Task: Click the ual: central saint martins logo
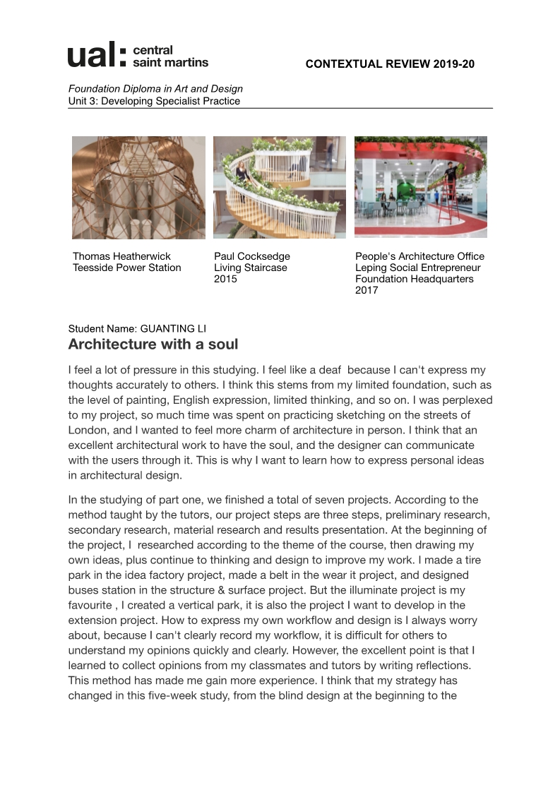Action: click(138, 55)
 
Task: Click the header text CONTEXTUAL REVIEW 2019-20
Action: click(390, 64)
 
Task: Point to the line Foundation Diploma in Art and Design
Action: click(155, 89)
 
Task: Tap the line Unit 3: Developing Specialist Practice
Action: click(154, 101)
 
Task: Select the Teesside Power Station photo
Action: click(138, 187)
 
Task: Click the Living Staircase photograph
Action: click(280, 187)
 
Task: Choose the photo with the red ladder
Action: click(421, 187)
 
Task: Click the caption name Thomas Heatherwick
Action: click(121, 256)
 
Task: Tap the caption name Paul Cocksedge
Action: click(252, 256)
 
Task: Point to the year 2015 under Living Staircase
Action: click(226, 279)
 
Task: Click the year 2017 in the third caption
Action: click(367, 290)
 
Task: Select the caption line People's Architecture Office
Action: click(419, 256)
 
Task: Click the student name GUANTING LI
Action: click(174, 328)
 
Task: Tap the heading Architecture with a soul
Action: click(153, 344)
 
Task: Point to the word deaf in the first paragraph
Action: click(330, 370)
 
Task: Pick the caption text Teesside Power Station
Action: click(127, 268)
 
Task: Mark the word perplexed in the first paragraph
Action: click(467, 400)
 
